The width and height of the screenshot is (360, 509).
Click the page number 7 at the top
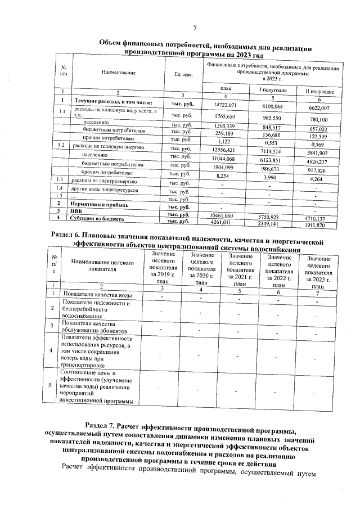point(195,29)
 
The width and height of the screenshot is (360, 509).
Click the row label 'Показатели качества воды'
point(98,295)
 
